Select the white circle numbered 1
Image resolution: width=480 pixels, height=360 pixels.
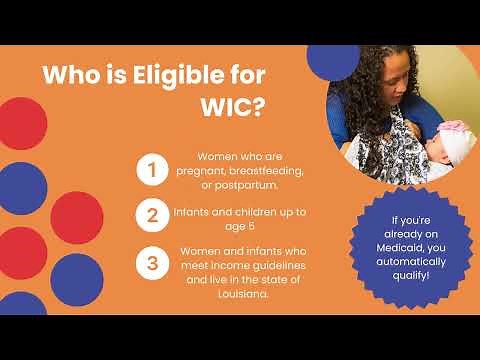[x=151, y=170]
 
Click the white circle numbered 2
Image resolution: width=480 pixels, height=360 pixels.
[x=151, y=213]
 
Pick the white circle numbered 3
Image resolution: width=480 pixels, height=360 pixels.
[x=151, y=264]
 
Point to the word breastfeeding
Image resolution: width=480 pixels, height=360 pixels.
[x=261, y=173]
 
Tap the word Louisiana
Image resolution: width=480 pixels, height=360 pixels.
[x=241, y=296]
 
